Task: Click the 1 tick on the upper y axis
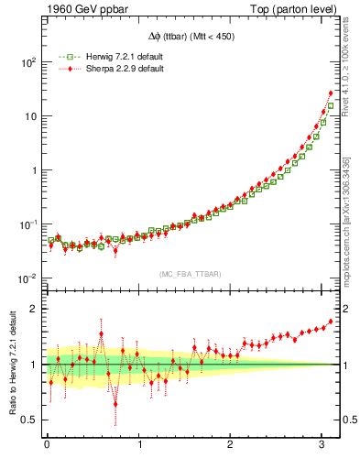pyautogui.click(x=32, y=170)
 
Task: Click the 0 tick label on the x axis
pyautogui.click(x=47, y=446)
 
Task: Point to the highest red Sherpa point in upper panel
pyautogui.click(x=331, y=93)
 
